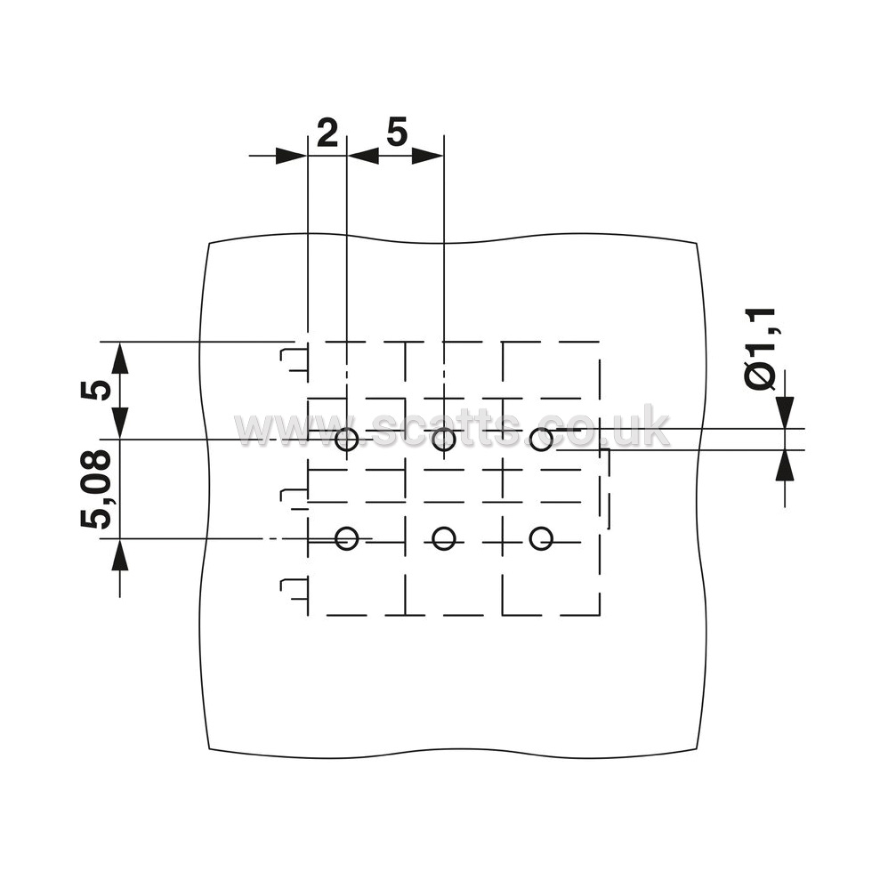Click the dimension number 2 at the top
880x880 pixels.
[327, 133]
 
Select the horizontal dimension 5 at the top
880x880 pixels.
[397, 132]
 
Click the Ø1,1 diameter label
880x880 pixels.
[760, 348]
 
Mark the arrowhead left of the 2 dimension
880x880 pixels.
[291, 156]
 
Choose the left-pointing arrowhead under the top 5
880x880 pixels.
[363, 156]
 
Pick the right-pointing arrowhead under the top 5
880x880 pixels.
[428, 156]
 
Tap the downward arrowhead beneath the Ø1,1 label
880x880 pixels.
[785, 413]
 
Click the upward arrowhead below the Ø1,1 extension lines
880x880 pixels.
[785, 465]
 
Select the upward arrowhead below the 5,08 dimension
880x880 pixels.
[119, 554]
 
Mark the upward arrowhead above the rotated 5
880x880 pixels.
[119, 358]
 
